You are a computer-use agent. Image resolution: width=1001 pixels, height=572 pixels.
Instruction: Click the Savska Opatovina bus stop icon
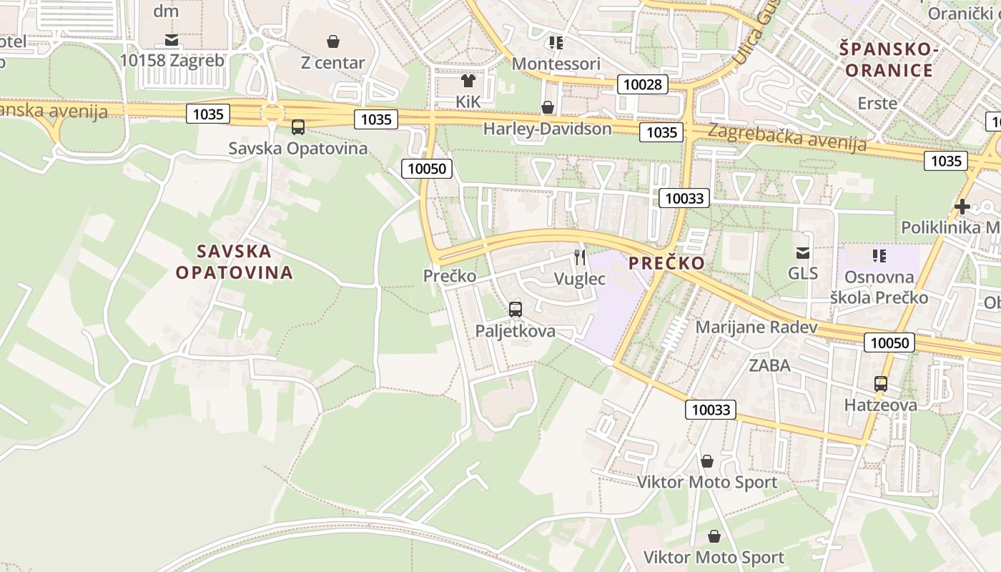(298, 127)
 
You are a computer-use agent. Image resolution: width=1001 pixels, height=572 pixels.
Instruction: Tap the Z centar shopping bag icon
(333, 41)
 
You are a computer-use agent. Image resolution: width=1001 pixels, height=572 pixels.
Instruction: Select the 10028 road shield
(643, 85)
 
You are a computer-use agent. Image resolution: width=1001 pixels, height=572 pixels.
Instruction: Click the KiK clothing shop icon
(468, 81)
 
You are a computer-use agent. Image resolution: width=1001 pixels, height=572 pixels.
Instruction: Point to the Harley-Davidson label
(548, 129)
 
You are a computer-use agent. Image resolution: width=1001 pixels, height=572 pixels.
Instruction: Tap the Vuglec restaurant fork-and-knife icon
(580, 257)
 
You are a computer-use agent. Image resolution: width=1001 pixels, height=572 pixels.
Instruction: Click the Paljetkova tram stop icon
(515, 310)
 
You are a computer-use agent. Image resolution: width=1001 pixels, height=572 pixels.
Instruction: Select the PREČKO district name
(666, 262)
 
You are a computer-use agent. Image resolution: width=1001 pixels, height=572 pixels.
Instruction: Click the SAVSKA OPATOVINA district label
(235, 262)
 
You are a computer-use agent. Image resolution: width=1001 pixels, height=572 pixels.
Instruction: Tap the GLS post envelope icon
(803, 252)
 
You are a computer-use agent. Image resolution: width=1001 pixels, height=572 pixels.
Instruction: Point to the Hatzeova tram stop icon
(881, 384)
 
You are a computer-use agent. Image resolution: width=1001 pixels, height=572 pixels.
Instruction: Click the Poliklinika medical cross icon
(962, 207)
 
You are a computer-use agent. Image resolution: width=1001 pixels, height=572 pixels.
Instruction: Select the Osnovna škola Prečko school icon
(879, 255)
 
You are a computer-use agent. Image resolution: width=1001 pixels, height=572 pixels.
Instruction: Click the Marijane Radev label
(756, 327)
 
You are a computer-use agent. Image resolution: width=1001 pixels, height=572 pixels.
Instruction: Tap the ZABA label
(769, 365)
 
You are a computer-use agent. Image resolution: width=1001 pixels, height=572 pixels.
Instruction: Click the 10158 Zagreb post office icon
(172, 39)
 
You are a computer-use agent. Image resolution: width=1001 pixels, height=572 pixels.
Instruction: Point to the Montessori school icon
(556, 43)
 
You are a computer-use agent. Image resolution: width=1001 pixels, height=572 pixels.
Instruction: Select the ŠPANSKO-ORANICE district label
(889, 59)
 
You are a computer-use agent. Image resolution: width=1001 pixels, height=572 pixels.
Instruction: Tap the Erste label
(877, 103)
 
